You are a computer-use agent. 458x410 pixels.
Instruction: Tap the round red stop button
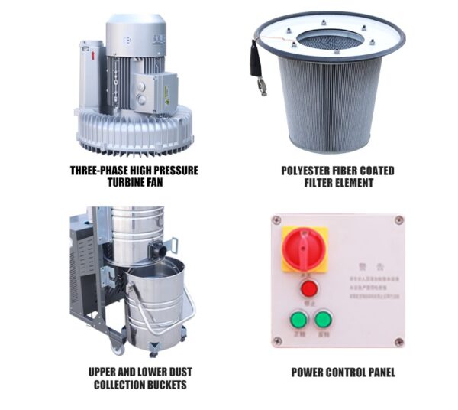309,288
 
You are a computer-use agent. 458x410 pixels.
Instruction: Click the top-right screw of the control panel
398,220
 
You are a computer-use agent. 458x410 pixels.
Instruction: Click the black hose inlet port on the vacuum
157,249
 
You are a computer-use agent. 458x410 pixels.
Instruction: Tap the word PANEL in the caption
377,373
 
